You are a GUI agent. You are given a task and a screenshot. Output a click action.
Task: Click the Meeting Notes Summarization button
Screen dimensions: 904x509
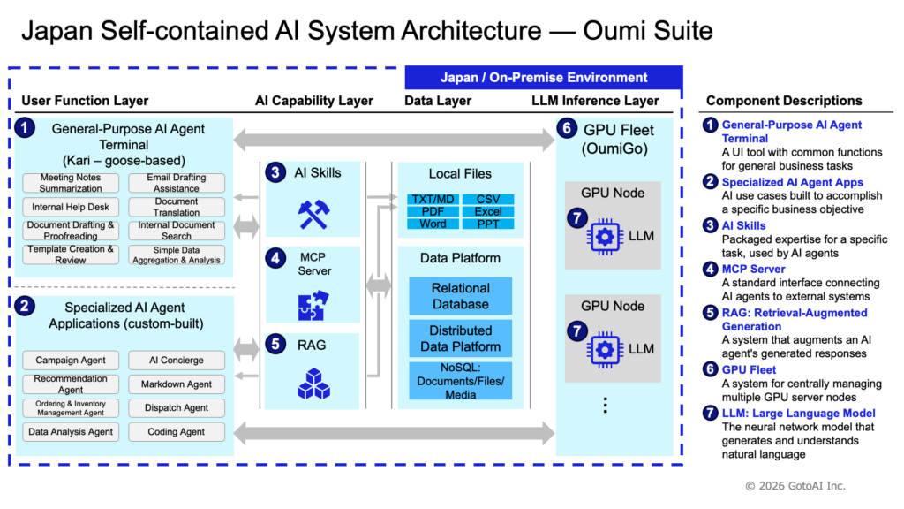(x=71, y=183)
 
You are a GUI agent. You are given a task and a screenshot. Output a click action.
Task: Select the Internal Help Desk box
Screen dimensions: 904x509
(x=71, y=207)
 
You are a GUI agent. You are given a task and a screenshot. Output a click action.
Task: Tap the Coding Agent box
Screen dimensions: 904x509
(x=177, y=431)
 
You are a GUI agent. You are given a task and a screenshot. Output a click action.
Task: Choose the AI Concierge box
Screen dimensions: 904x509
(x=177, y=361)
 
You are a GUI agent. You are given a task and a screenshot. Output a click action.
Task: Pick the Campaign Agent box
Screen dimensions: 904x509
(x=71, y=361)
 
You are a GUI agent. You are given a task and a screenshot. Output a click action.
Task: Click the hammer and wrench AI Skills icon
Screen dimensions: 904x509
(x=313, y=214)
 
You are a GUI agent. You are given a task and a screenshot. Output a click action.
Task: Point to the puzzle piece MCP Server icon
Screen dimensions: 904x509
(x=313, y=305)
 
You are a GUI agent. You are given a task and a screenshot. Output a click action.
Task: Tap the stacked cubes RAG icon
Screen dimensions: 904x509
(x=313, y=384)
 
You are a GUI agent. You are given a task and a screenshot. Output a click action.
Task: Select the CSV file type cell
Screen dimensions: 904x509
(x=488, y=199)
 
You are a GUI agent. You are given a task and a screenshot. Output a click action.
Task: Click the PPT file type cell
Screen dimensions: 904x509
(x=488, y=224)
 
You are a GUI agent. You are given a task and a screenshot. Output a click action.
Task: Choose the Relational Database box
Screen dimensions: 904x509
(x=461, y=296)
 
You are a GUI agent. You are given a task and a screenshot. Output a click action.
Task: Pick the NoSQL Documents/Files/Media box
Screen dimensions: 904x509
(x=461, y=381)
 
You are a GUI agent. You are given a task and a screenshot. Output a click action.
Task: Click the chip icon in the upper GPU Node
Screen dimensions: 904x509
(x=605, y=236)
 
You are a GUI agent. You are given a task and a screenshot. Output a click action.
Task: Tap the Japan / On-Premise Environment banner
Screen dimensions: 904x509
(x=544, y=78)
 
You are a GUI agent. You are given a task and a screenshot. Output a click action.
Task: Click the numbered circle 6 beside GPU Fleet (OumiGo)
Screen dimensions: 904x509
(x=568, y=128)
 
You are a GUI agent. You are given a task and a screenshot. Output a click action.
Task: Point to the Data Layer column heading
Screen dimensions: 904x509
(x=438, y=101)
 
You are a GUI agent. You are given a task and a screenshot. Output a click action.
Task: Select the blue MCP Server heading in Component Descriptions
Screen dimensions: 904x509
(x=754, y=269)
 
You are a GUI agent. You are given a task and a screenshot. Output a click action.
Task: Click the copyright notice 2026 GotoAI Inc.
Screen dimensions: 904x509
(x=795, y=486)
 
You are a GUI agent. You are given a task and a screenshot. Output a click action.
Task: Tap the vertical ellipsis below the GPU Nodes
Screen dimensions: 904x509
(x=606, y=405)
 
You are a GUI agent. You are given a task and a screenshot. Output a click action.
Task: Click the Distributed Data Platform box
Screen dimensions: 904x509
(x=461, y=338)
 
